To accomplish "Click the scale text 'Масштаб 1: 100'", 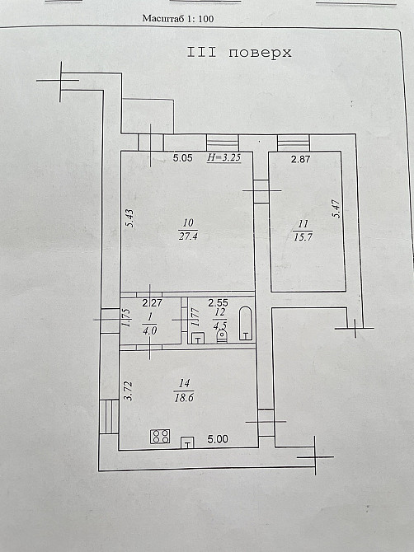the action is tap(178, 18).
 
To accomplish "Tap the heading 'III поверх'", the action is tap(239, 53).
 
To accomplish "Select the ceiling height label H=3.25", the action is tap(224, 157).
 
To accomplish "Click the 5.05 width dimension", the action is tap(183, 157).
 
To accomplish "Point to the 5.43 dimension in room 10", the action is tap(130, 218).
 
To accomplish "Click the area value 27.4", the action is tap(188, 236).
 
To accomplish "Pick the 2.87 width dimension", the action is tap(300, 159).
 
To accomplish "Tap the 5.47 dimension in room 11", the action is tap(336, 208).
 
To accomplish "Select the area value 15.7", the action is tap(303, 237).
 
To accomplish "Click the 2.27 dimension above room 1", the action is tap(152, 302).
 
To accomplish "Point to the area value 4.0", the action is tap(150, 330).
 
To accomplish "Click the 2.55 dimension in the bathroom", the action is tap(218, 302).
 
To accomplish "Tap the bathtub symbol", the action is tap(246, 324).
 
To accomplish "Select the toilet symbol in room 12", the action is tap(222, 335).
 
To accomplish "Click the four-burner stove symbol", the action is tap(160, 437).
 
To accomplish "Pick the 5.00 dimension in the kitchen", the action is tap(218, 439).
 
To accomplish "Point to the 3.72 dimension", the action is tap(129, 391).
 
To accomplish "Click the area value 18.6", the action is tap(184, 397).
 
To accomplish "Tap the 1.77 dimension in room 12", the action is tap(195, 317).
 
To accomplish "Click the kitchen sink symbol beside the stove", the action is tap(187, 442).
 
